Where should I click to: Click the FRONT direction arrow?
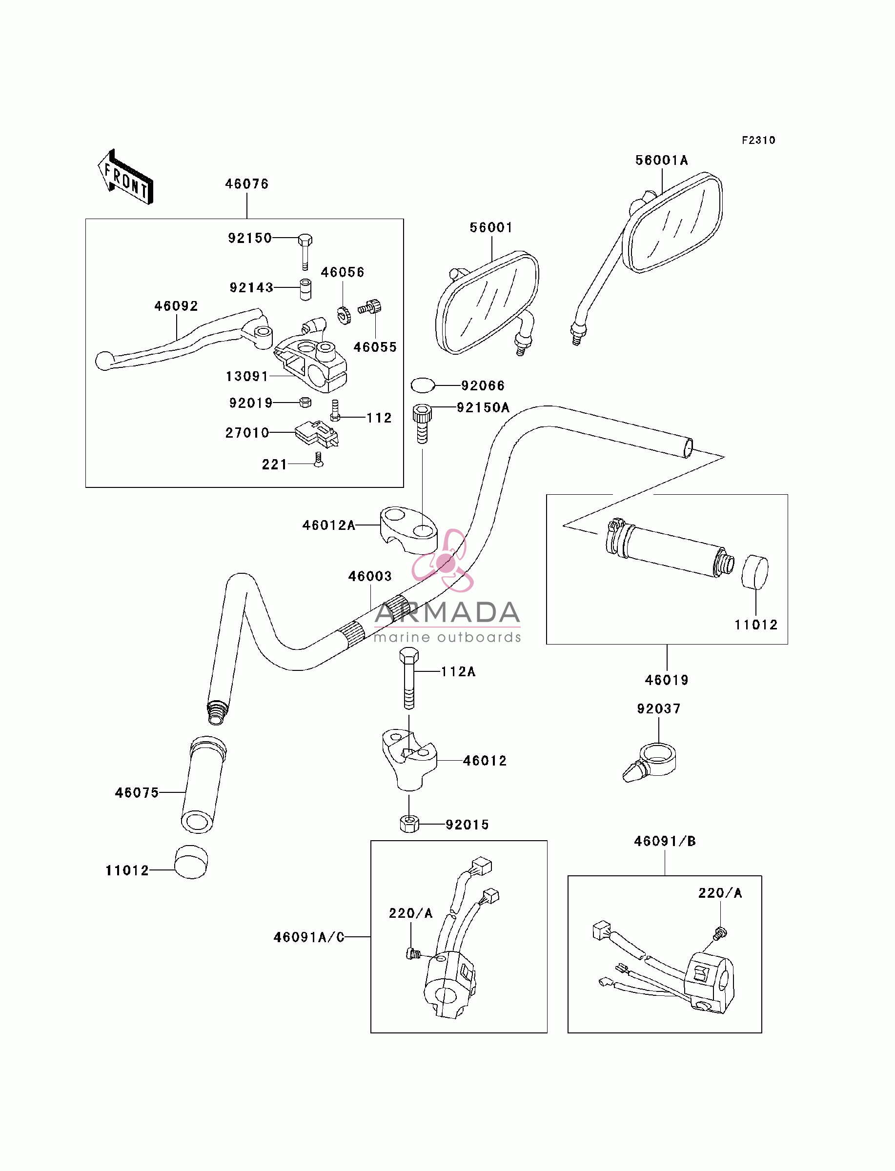coord(126,177)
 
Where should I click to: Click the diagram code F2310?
coord(759,140)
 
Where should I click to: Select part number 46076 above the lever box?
coord(246,184)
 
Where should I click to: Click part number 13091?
coord(246,377)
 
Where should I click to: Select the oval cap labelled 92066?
coord(423,384)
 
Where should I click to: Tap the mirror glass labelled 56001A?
coord(673,222)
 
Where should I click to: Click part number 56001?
coord(490,227)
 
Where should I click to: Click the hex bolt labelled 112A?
coord(408,678)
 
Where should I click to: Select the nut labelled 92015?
coord(408,824)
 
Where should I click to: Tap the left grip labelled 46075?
coord(203,785)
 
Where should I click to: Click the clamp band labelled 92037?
coord(651,763)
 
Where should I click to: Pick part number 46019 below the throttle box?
coord(667,680)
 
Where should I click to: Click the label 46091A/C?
coord(309,937)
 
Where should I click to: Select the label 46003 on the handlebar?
coord(370,576)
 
